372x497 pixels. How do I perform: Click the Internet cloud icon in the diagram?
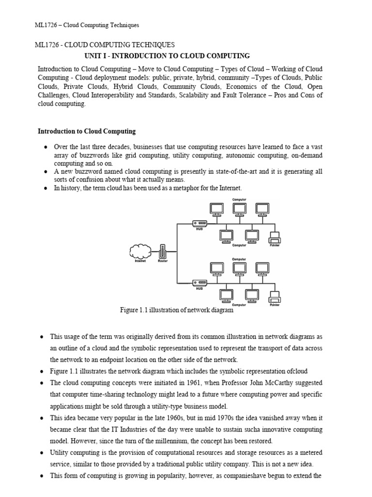pos(140,251)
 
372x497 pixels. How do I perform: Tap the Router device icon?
pos(162,251)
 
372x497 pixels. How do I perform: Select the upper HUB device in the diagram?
pos(199,223)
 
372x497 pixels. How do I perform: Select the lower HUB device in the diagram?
pos(199,282)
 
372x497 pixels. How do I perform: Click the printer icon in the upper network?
pos(274,237)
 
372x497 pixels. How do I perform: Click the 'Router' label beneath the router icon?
pos(162,261)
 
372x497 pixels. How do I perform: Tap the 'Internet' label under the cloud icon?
pos(140,261)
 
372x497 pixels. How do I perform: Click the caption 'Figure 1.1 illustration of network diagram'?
pos(176,310)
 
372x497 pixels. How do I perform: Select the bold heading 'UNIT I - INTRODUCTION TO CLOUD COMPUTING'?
pos(167,56)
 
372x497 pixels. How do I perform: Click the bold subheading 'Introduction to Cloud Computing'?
pos(87,132)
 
